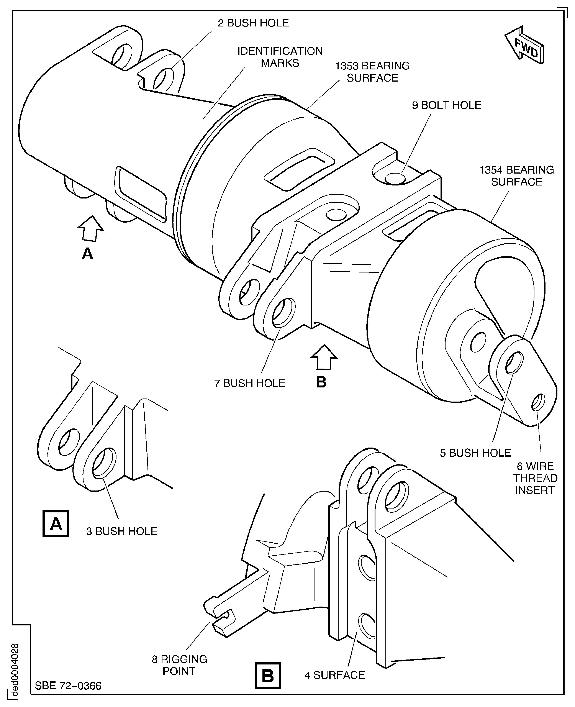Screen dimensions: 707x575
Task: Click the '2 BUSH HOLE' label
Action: [x=253, y=23]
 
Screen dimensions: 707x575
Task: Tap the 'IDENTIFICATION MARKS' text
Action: [x=280, y=57]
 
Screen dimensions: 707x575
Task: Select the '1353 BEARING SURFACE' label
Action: [x=372, y=72]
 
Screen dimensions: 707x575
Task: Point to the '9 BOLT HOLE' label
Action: [x=446, y=105]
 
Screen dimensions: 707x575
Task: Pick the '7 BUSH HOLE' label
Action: [x=249, y=383]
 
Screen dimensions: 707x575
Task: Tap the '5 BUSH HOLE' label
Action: [x=475, y=453]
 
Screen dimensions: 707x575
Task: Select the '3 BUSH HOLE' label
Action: [x=121, y=531]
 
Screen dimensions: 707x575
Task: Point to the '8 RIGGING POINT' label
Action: [x=179, y=665]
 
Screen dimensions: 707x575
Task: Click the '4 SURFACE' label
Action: [x=334, y=675]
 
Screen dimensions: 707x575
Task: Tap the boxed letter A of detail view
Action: [x=56, y=524]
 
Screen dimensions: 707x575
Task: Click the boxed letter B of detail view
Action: [x=268, y=676]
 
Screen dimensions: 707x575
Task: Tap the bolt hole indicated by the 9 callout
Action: [x=395, y=179]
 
